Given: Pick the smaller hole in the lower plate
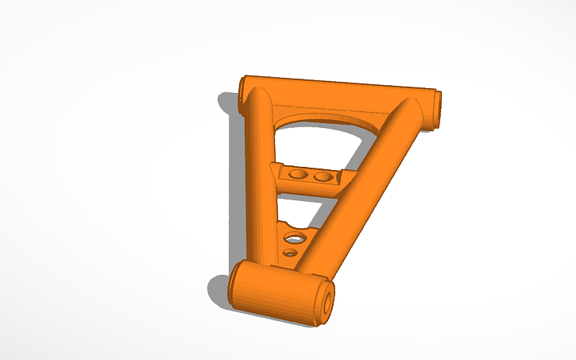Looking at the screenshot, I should click(290, 253).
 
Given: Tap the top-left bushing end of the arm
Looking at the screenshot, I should click(242, 94).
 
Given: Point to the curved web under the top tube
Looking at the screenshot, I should click(318, 114).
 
